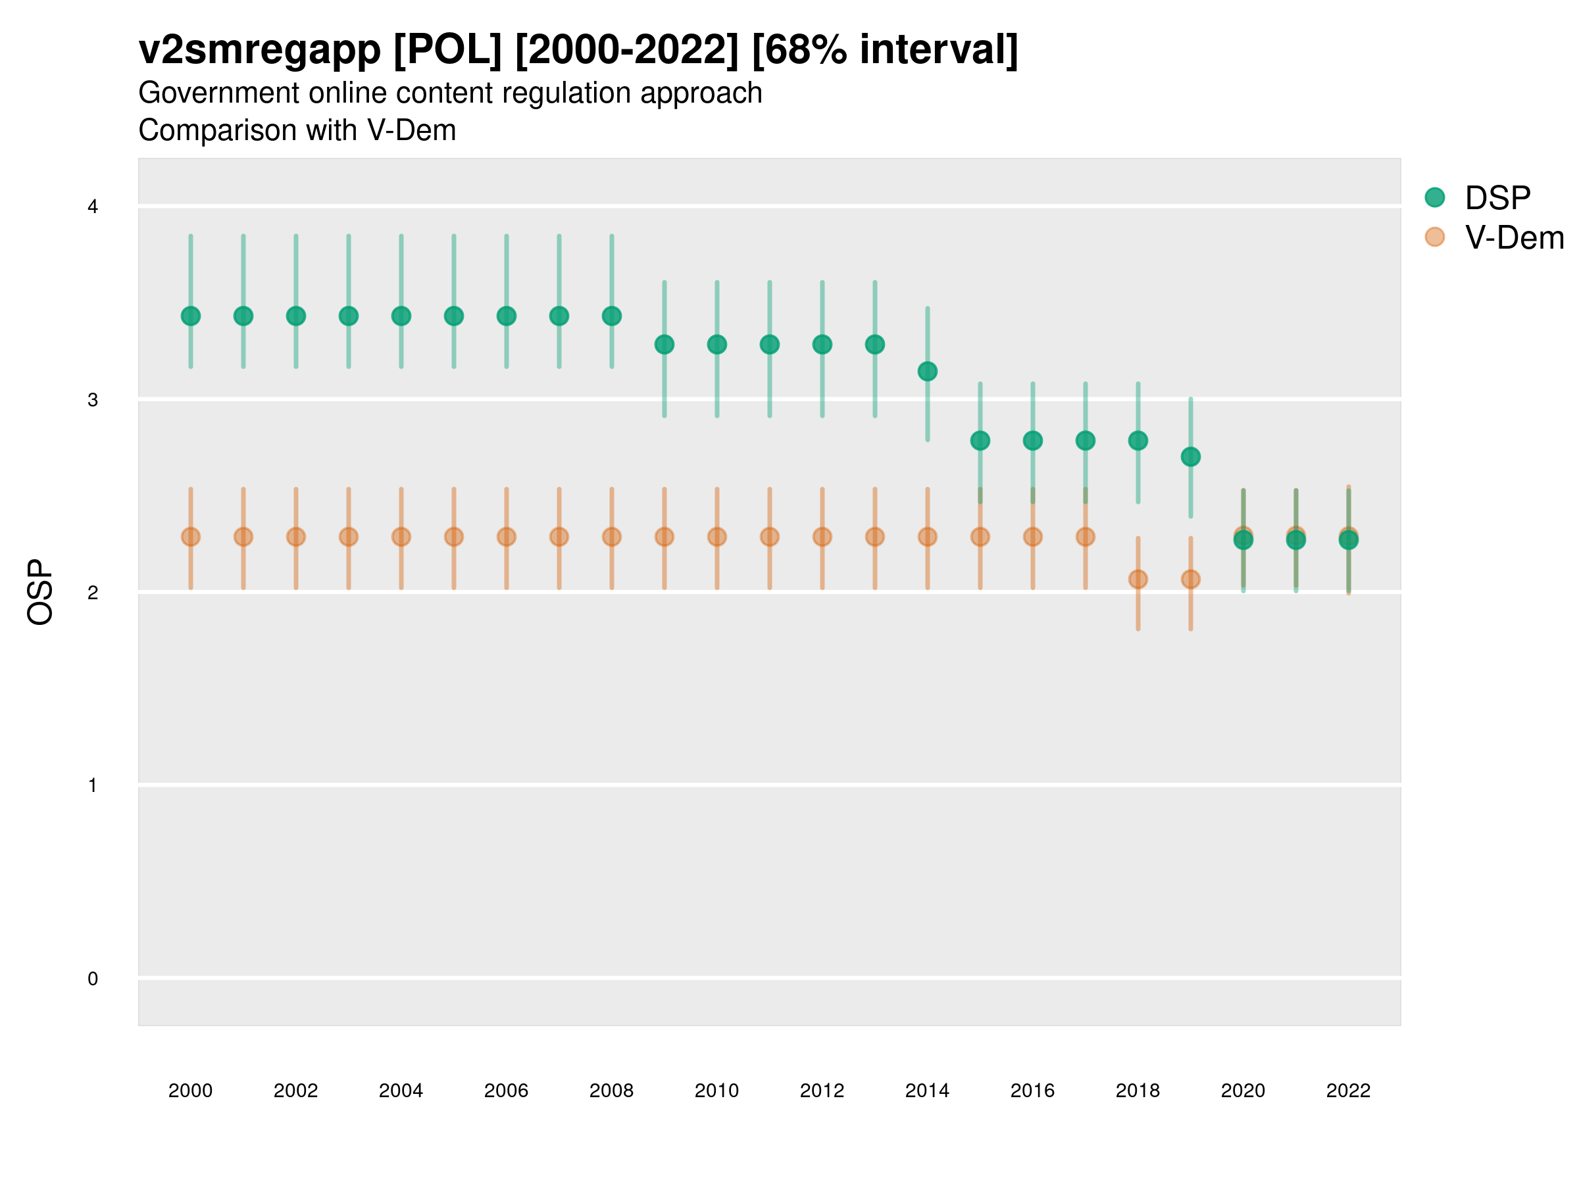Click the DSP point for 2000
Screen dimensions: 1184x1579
pyautogui.click(x=191, y=316)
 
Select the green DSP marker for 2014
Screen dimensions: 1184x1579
pyautogui.click(x=927, y=371)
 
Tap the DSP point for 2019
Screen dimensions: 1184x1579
pyautogui.click(x=1191, y=456)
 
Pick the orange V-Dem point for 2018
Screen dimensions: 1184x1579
pyautogui.click(x=1138, y=579)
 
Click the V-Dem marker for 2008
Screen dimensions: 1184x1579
pyautogui.click(x=612, y=537)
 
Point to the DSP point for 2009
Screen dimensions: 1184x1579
pyautogui.click(x=664, y=345)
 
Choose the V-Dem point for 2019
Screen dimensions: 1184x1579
pyautogui.click(x=1191, y=579)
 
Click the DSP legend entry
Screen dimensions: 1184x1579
pyautogui.click(x=1497, y=198)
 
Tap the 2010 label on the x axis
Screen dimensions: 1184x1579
pyautogui.click(x=716, y=1091)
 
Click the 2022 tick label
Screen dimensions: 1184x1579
pyautogui.click(x=1349, y=1091)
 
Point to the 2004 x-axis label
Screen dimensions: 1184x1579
pyautogui.click(x=401, y=1091)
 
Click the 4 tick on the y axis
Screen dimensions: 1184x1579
pyautogui.click(x=93, y=207)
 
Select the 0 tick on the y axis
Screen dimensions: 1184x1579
pyautogui.click(x=93, y=979)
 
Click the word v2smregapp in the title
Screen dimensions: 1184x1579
pyautogui.click(x=260, y=50)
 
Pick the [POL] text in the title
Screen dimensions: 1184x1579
pyautogui.click(x=447, y=50)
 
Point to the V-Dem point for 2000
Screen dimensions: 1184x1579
pyautogui.click(x=191, y=537)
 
